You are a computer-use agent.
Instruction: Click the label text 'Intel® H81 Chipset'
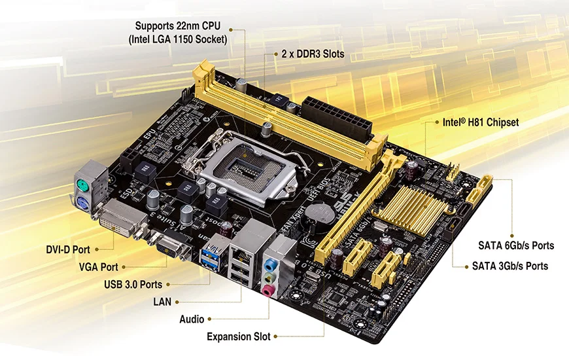(x=481, y=122)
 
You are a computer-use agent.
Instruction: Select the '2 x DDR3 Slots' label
(x=312, y=54)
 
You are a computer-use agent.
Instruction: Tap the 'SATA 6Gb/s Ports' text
(x=516, y=246)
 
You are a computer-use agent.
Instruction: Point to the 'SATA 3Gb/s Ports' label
(x=510, y=266)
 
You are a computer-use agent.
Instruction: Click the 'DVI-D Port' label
(x=68, y=249)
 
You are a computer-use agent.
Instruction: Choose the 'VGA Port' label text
(x=99, y=267)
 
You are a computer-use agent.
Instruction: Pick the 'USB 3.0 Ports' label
(x=133, y=285)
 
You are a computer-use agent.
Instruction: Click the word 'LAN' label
(x=162, y=302)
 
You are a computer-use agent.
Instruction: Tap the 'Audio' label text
(x=192, y=319)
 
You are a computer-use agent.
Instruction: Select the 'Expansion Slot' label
(x=238, y=337)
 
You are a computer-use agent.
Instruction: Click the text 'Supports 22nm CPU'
(x=178, y=26)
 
